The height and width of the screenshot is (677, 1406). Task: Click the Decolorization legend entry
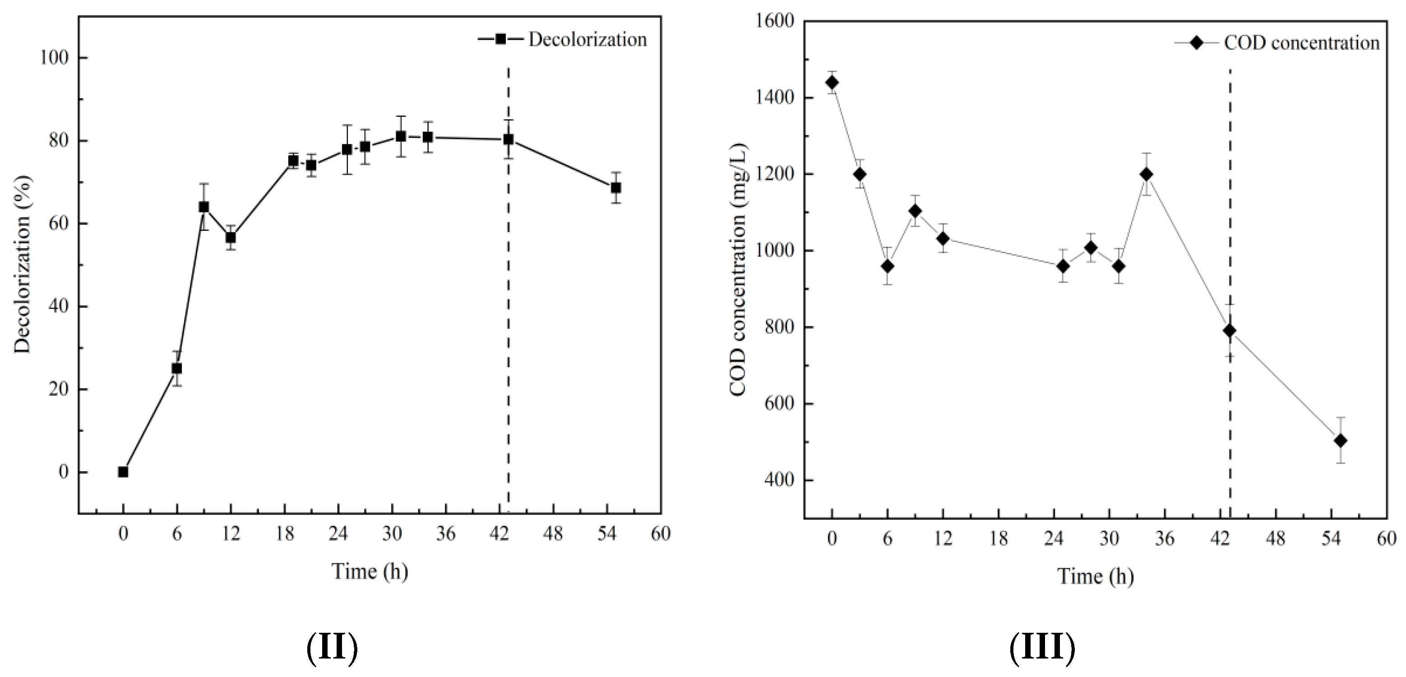click(x=562, y=39)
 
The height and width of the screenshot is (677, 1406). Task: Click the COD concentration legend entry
click(x=1277, y=42)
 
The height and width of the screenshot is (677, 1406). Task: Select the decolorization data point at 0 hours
click(x=123, y=472)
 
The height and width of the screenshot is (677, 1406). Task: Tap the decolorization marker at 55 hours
click(x=615, y=188)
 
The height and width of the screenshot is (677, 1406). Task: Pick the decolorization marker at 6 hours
click(x=177, y=368)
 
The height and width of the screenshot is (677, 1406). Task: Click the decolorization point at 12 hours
click(x=231, y=238)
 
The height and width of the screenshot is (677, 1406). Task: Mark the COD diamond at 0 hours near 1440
click(x=832, y=83)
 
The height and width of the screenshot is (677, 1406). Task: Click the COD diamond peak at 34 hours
click(x=1147, y=174)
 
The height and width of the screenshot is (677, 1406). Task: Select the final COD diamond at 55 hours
click(x=1341, y=441)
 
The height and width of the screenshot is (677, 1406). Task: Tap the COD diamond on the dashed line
click(x=1230, y=331)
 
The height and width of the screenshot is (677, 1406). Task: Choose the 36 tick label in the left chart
click(x=445, y=534)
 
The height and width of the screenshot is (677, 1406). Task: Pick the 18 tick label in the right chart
click(x=998, y=539)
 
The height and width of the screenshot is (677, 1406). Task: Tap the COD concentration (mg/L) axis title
click(x=738, y=270)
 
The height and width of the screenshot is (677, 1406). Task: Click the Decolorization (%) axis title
click(x=23, y=265)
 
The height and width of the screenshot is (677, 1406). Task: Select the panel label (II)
click(x=332, y=648)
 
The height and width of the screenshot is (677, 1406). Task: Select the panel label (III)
click(x=1042, y=648)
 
